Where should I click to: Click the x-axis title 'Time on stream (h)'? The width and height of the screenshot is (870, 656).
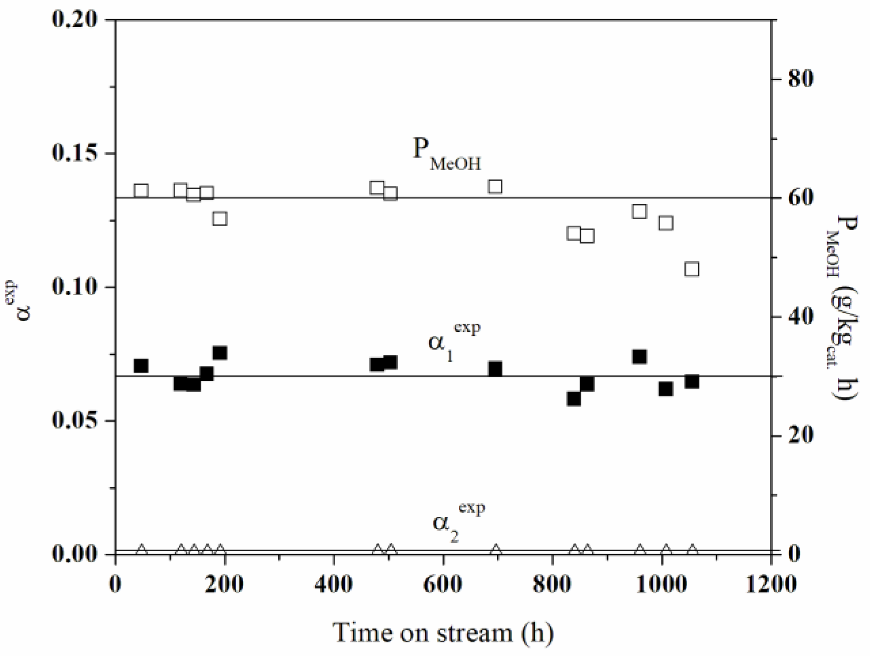click(443, 632)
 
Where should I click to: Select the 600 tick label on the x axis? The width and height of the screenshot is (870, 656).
click(443, 584)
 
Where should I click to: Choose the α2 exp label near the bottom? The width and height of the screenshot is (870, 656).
click(457, 520)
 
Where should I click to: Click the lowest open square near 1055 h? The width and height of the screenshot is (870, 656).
click(692, 269)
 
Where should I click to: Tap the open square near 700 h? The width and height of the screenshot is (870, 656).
click(495, 187)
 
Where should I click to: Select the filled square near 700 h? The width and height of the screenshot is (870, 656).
click(495, 369)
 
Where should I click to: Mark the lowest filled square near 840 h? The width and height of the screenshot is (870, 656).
click(574, 399)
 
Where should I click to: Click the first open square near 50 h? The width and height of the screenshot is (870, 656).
click(141, 191)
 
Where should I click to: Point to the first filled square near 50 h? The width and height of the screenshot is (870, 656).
click(141, 365)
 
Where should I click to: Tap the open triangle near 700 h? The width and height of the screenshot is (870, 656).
click(496, 550)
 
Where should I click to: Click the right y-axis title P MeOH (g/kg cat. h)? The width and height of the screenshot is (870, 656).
click(841, 308)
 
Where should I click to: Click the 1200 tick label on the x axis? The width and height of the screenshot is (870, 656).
click(771, 584)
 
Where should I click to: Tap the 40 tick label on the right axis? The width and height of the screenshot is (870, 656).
click(800, 317)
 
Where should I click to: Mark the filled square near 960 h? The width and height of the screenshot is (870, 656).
click(639, 357)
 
